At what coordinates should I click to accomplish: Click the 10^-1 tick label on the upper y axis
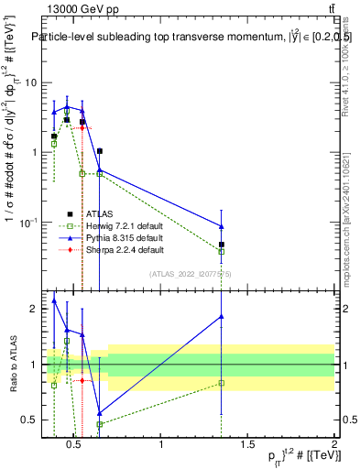[x=27, y=223]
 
